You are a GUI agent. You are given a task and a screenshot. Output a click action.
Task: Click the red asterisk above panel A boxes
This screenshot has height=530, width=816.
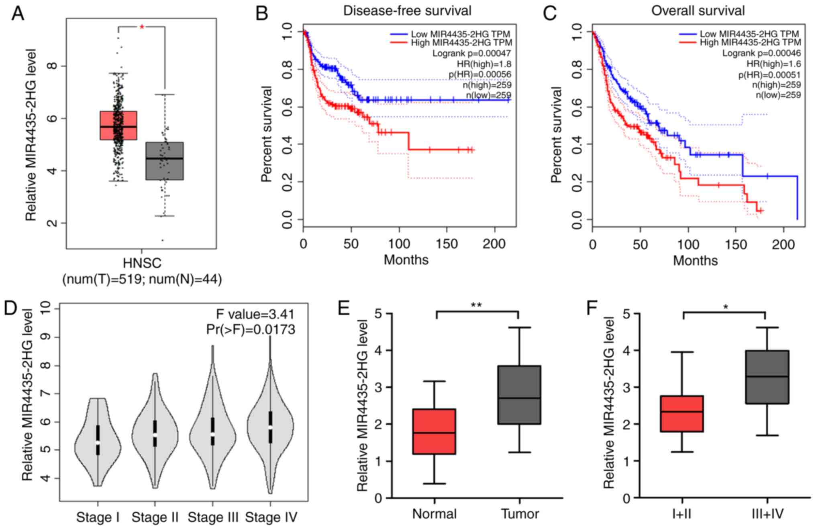pyautogui.click(x=142, y=27)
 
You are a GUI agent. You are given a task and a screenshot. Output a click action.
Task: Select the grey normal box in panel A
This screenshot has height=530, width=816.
pyautogui.click(x=165, y=161)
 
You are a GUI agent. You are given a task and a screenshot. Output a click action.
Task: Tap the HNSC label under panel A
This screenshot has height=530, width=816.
pyautogui.click(x=142, y=263)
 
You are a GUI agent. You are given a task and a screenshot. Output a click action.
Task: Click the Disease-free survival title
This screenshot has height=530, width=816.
pyautogui.click(x=407, y=10)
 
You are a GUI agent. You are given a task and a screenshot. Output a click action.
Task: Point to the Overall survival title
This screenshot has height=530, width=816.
pyautogui.click(x=698, y=10)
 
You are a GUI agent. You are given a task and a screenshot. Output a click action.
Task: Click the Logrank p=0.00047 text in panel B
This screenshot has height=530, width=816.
pyautogui.click(x=471, y=53)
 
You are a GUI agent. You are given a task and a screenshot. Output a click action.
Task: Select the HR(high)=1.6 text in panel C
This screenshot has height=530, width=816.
pyautogui.click(x=773, y=64)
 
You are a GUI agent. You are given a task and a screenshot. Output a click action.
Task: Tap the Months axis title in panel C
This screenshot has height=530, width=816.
pyautogui.click(x=695, y=260)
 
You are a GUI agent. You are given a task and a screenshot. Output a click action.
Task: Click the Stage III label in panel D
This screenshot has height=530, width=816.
pyautogui.click(x=213, y=517)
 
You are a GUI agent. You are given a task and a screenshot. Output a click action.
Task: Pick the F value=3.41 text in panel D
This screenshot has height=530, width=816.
pyautogui.click(x=255, y=314)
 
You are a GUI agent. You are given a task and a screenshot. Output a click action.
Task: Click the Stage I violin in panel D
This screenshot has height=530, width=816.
pyautogui.click(x=98, y=441)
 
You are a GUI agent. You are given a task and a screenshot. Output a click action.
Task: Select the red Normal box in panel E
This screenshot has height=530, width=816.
pyautogui.click(x=435, y=431)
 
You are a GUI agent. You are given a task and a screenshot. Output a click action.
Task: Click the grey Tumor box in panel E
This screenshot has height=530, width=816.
pyautogui.click(x=519, y=395)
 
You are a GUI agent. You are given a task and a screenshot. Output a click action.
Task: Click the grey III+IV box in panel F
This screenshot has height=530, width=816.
pyautogui.click(x=767, y=377)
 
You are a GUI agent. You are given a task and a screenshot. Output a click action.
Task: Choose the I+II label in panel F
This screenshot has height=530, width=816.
pyautogui.click(x=681, y=514)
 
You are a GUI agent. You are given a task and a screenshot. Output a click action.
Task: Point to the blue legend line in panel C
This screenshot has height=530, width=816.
pyautogui.click(x=687, y=34)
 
